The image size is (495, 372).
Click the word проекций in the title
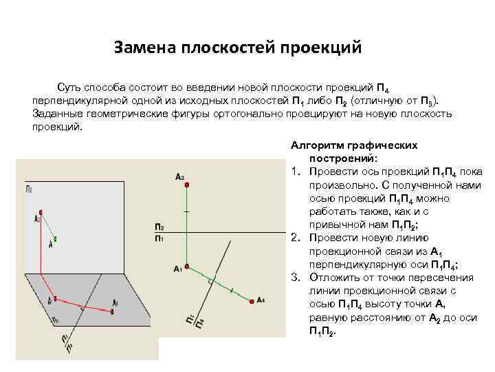pos(321,48)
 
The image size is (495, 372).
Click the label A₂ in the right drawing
pos(179,177)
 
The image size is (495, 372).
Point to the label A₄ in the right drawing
pos(260,300)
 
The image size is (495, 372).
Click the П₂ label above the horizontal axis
pos(159,227)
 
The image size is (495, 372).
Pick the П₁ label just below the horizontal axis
pos(159,238)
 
